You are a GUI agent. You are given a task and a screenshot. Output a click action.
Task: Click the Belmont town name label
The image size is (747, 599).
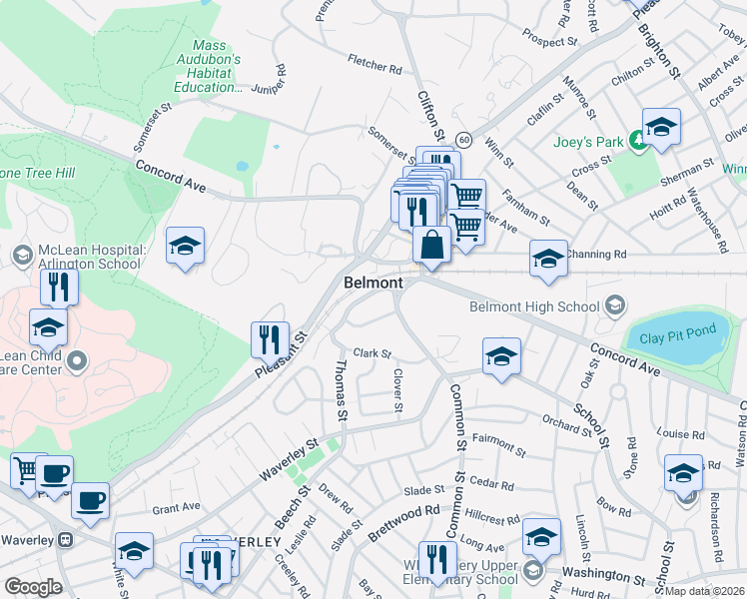[x=373, y=283]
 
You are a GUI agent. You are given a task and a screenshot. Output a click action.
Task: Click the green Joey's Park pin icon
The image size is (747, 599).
[x=637, y=142]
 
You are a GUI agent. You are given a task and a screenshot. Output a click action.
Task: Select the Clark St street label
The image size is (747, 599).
[x=372, y=353]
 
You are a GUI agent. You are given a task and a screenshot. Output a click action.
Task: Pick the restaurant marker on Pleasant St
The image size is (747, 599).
[x=270, y=339]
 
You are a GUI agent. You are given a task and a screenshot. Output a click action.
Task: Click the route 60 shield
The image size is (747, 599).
[x=464, y=139]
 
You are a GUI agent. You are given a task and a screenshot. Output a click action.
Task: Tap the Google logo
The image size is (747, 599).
[x=33, y=586]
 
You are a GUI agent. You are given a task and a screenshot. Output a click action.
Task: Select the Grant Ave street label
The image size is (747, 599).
[x=177, y=507]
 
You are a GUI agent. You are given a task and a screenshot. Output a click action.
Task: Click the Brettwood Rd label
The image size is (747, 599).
[x=403, y=515]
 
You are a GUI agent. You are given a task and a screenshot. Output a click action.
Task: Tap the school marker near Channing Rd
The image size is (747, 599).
[x=548, y=259]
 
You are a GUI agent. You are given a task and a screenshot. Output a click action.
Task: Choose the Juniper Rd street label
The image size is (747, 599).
[x=282, y=78]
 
